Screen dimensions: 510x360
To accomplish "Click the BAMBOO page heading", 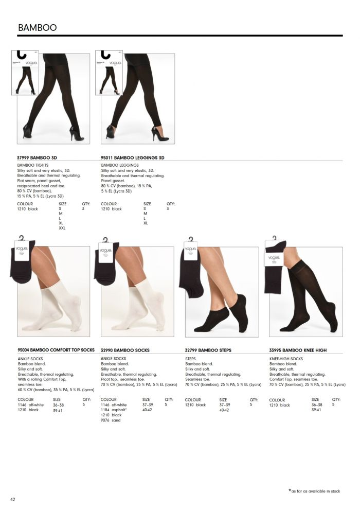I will (x=37, y=27).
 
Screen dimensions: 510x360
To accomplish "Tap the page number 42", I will (x=13, y=499).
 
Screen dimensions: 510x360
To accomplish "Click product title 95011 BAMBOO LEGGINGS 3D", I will (x=133, y=157).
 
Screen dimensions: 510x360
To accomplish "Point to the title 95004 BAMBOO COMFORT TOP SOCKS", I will (x=56, y=350).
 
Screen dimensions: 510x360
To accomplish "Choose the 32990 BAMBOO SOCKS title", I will (x=125, y=350).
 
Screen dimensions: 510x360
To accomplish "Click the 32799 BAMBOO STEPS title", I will (x=208, y=350).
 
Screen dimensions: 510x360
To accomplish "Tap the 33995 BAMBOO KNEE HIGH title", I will (x=298, y=350).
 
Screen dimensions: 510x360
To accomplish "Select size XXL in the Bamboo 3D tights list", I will (x=62, y=227).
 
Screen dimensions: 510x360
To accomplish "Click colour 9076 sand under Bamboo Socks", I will (x=111, y=420).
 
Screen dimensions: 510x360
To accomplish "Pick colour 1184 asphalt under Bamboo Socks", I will (x=114, y=410).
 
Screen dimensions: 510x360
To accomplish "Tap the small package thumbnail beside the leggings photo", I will (x=109, y=73).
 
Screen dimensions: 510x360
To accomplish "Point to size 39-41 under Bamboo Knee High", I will (x=316, y=410).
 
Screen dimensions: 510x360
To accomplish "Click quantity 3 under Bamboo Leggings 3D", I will (x=168, y=208).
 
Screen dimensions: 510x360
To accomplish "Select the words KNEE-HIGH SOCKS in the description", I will (x=286, y=359).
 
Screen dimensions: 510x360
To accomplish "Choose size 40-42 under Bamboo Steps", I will (x=224, y=410).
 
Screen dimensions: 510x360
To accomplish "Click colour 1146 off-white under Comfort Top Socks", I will (x=31, y=405).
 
